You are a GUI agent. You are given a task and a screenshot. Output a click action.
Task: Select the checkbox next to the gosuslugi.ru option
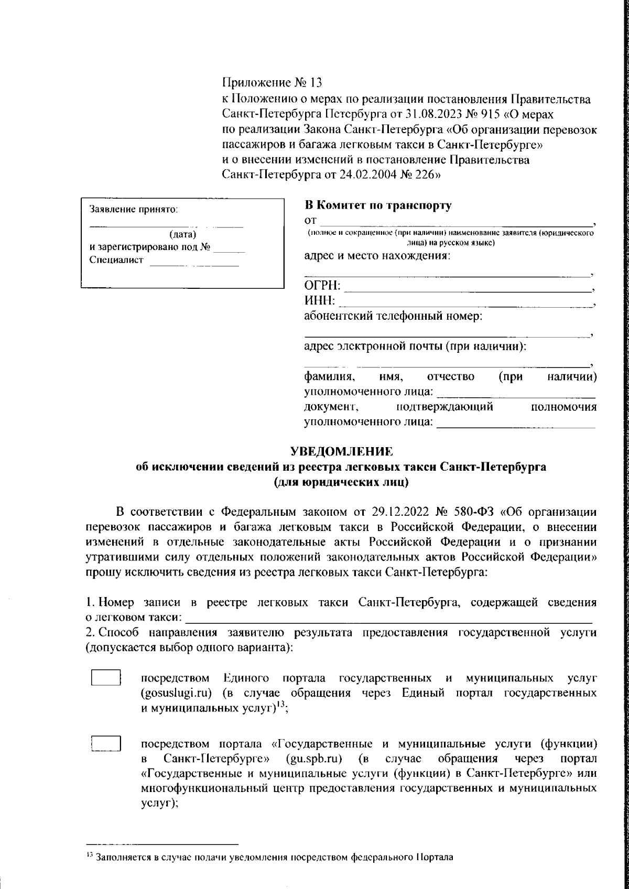pyautogui.click(x=106, y=678)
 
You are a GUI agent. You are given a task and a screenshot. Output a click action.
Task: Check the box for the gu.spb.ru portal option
pyautogui.click(x=106, y=744)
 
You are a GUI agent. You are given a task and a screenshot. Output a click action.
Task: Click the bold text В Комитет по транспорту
pyautogui.click(x=377, y=205)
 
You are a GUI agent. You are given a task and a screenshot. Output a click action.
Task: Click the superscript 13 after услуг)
pyautogui.click(x=281, y=705)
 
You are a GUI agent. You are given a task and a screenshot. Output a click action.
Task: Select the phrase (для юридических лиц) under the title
pyautogui.click(x=341, y=482)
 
